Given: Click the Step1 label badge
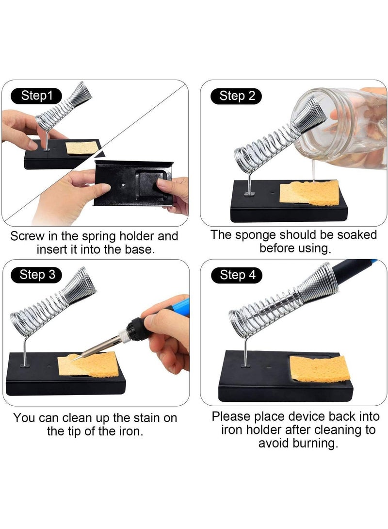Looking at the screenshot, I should tap(37, 96).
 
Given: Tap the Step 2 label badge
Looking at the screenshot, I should tap(236, 96).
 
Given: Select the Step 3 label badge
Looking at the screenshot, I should tap(37, 275).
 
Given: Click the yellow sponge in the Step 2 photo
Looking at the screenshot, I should tap(309, 193).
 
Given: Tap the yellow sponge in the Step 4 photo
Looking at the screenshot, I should tap(320, 369).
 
